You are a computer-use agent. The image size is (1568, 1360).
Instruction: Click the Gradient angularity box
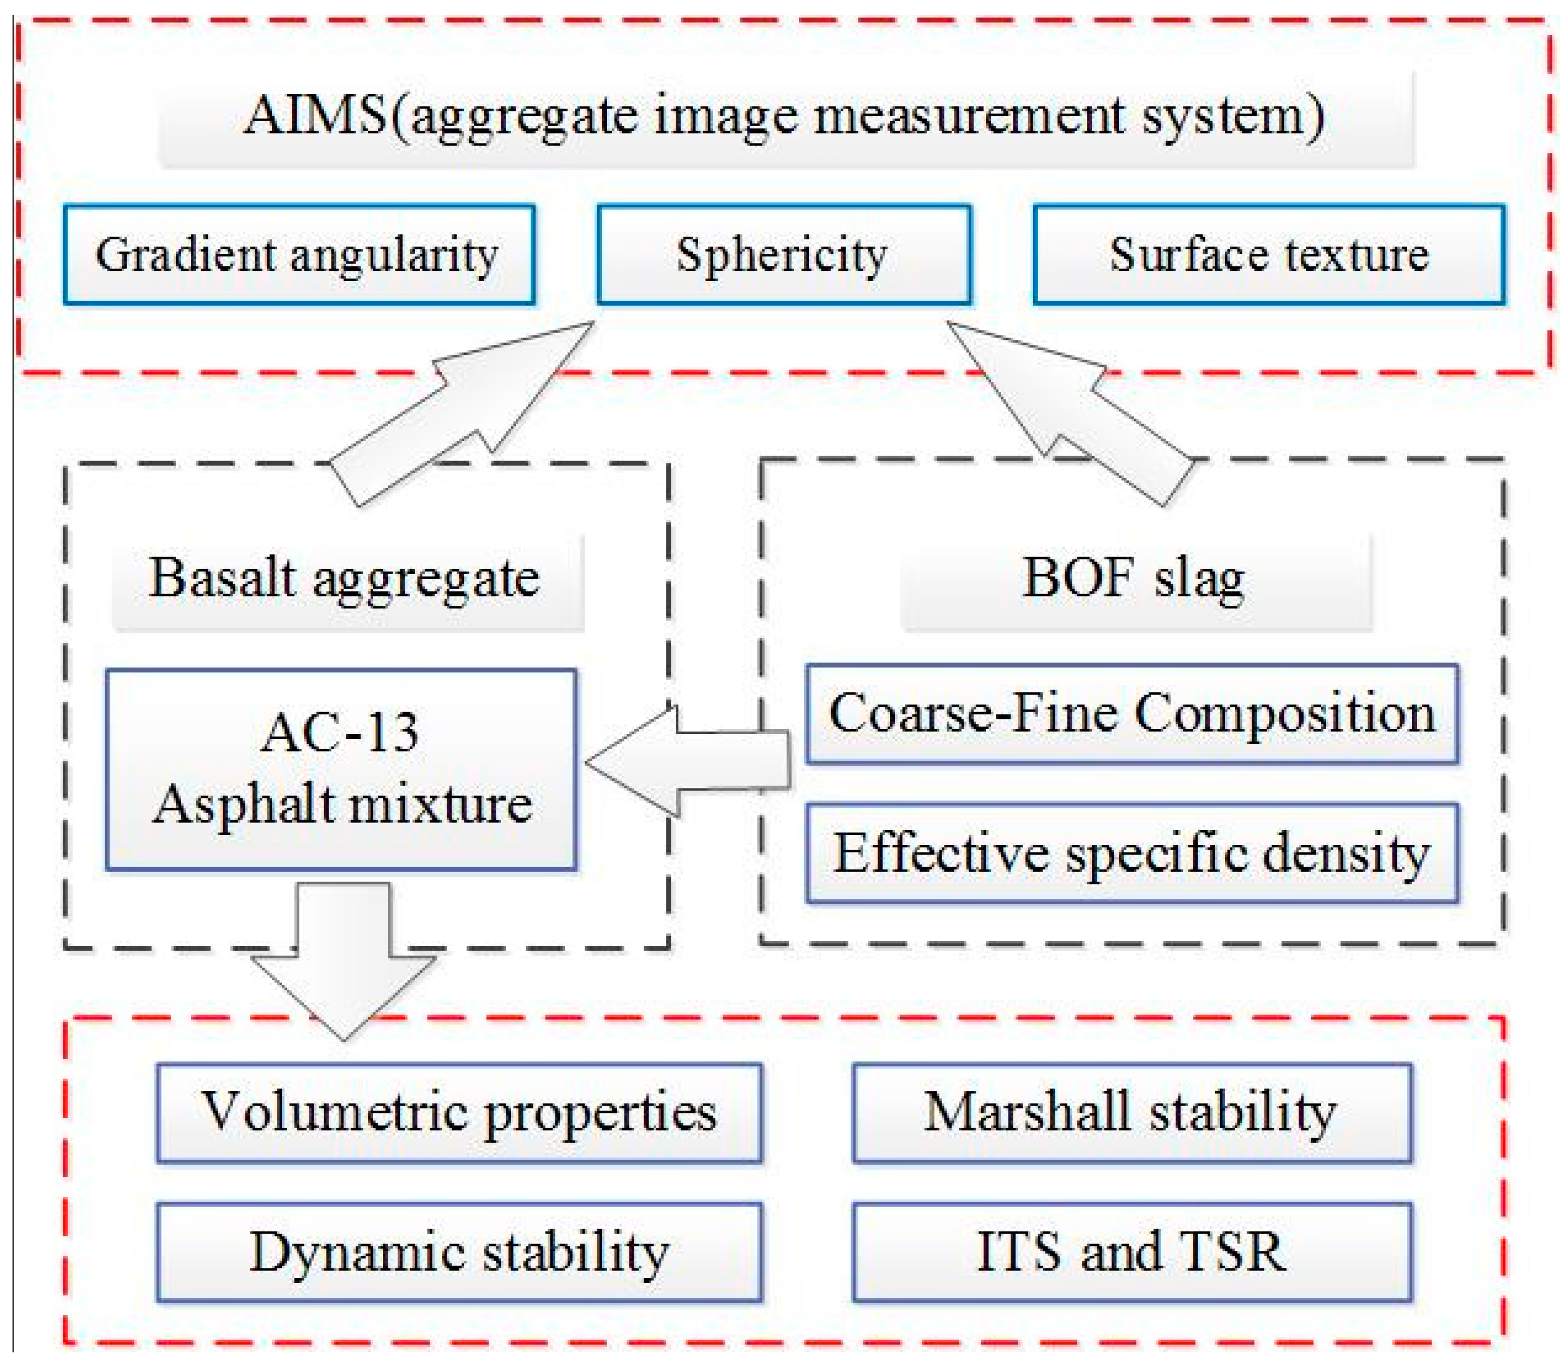298,254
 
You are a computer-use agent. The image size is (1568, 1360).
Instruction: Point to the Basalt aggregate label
345,578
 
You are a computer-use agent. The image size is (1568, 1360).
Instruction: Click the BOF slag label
1134,578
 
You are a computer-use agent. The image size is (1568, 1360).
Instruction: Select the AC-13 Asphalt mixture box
341,769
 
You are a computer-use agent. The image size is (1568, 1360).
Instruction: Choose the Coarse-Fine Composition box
1131,713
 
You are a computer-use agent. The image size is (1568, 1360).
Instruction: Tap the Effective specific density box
1131,853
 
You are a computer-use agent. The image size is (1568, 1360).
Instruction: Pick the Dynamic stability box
459,1251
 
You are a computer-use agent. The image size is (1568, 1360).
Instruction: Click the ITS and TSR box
1131,1251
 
